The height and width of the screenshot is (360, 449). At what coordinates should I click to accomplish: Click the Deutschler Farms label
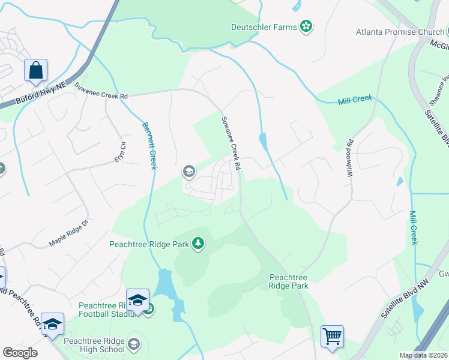pyautogui.click(x=264, y=26)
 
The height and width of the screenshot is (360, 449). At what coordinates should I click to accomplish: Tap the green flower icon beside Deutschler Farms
pyautogui.click(x=306, y=26)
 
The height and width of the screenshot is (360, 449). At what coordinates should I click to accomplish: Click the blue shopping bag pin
pyautogui.click(x=35, y=70)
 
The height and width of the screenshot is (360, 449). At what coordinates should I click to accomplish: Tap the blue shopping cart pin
pyautogui.click(x=332, y=337)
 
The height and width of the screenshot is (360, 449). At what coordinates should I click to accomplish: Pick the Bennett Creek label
pyautogui.click(x=149, y=145)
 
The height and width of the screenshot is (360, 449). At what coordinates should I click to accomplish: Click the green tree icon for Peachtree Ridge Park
pyautogui.click(x=198, y=244)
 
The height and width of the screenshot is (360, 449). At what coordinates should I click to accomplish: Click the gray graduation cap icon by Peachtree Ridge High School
pyautogui.click(x=134, y=344)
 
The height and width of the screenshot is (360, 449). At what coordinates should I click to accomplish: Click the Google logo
pyautogui.click(x=20, y=353)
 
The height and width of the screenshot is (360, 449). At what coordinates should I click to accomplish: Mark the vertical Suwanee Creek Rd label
pyautogui.click(x=231, y=142)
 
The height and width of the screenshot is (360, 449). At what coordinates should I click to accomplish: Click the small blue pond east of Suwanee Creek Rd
pyautogui.click(x=263, y=142)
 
